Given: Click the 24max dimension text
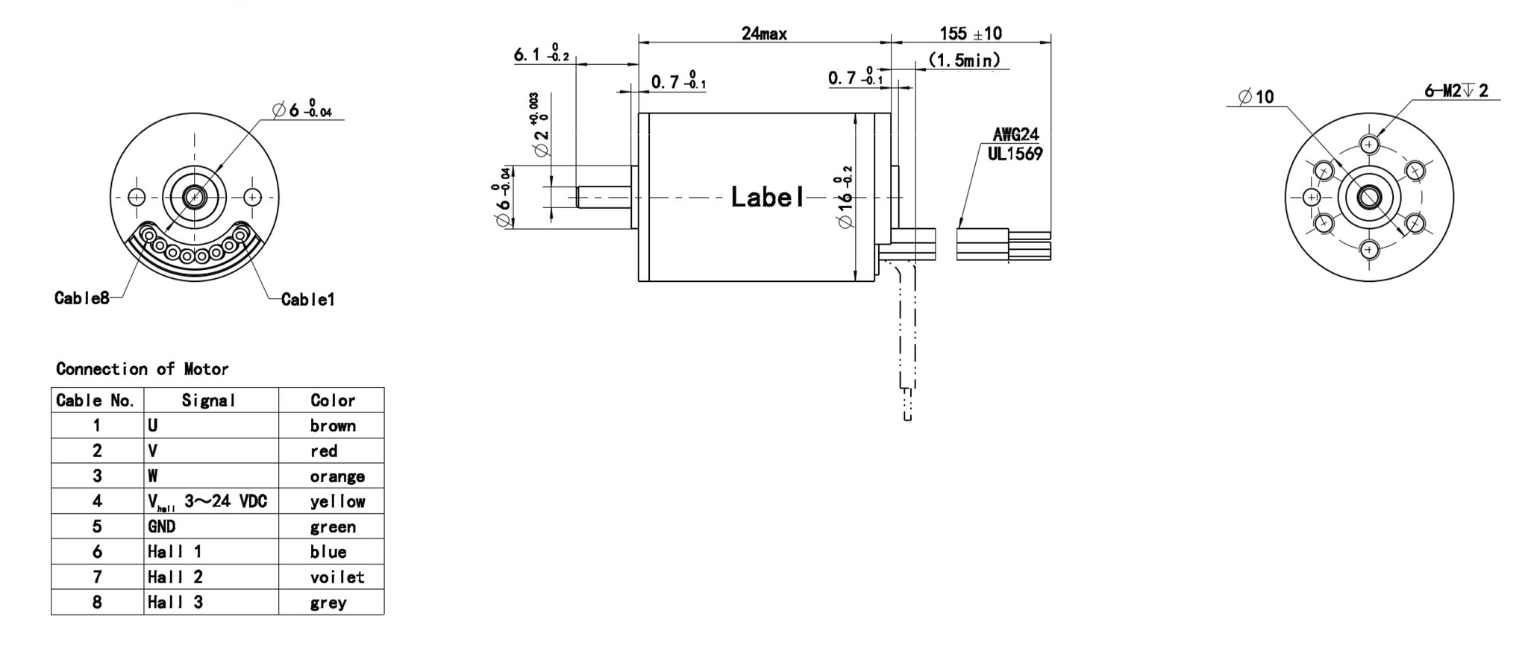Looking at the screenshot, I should pyautogui.click(x=763, y=34).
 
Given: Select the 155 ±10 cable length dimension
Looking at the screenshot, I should pyautogui.click(x=970, y=34).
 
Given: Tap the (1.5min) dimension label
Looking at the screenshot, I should pyautogui.click(x=963, y=60).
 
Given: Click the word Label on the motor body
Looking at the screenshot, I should pyautogui.click(x=768, y=198).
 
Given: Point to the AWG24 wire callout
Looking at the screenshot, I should pyautogui.click(x=1015, y=135).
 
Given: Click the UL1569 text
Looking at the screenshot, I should pyautogui.click(x=1015, y=154).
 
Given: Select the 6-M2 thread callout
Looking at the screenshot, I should pyautogui.click(x=1456, y=91).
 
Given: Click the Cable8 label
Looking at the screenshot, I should pyautogui.click(x=81, y=298).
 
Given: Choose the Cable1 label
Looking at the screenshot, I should pyautogui.click(x=307, y=300).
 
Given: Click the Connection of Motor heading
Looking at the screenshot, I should pyautogui.click(x=142, y=369).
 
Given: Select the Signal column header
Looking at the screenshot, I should pyautogui.click(x=208, y=400).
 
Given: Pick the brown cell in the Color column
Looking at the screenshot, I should pyautogui.click(x=333, y=426).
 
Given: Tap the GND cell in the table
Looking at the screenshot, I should pyautogui.click(x=161, y=527).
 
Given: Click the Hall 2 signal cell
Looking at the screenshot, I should pyautogui.click(x=175, y=577).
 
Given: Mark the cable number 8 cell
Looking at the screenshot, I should pyautogui.click(x=97, y=603).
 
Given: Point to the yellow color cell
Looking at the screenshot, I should pyautogui.click(x=337, y=502).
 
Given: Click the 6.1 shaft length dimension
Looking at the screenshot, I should pyautogui.click(x=540, y=55).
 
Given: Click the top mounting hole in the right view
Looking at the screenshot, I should pyautogui.click(x=1368, y=145).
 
